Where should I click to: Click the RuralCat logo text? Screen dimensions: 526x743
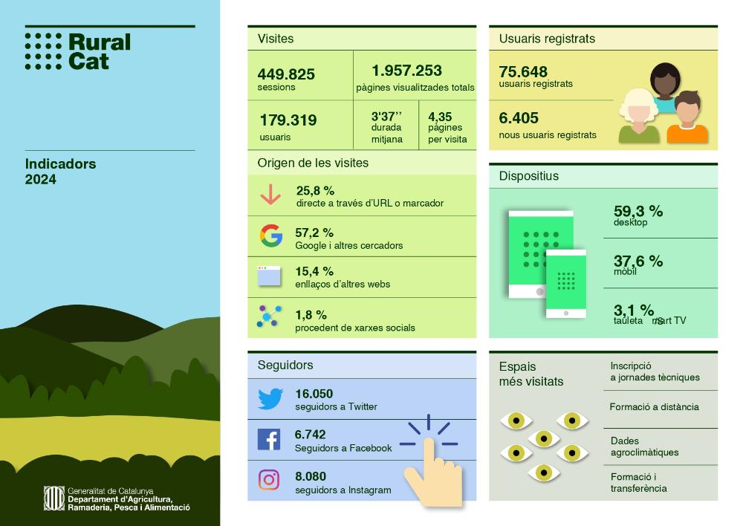point(99,52)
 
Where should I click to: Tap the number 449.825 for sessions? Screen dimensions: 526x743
point(286,74)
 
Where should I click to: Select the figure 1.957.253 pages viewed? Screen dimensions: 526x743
point(406,71)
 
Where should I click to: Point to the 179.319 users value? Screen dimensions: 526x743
point(288,120)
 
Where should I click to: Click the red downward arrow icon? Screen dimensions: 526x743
point(270,195)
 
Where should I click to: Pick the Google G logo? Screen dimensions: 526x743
point(271,236)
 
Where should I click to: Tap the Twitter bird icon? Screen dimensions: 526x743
point(270,399)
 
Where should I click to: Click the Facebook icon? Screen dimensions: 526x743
point(268,439)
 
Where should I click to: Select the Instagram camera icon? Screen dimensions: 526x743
point(269,480)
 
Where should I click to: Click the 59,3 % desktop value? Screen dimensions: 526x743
point(637,212)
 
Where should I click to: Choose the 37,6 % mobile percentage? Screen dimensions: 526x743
point(637,261)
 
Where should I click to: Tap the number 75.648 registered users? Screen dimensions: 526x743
point(523,72)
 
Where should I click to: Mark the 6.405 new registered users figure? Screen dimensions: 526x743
point(519,118)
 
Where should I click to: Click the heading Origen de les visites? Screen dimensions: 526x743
point(313,163)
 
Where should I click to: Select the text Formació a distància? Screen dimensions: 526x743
point(654,407)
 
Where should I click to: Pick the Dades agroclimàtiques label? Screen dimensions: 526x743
point(644,447)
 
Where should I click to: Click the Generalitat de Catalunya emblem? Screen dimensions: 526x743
point(53,498)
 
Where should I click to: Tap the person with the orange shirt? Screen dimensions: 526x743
point(687,118)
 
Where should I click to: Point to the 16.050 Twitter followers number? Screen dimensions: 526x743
point(314,394)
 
